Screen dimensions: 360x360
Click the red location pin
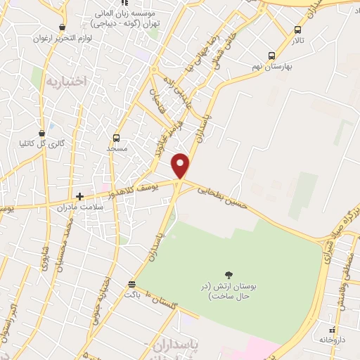181,166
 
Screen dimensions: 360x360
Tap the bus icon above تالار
298,30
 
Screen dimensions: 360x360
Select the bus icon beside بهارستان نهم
271,56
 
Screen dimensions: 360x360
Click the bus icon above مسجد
117,138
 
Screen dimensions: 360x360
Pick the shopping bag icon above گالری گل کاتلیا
42,132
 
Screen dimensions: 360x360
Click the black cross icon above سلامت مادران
80,196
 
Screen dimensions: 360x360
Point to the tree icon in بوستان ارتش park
229,275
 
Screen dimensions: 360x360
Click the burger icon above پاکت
131,284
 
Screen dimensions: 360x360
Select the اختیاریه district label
65,81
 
